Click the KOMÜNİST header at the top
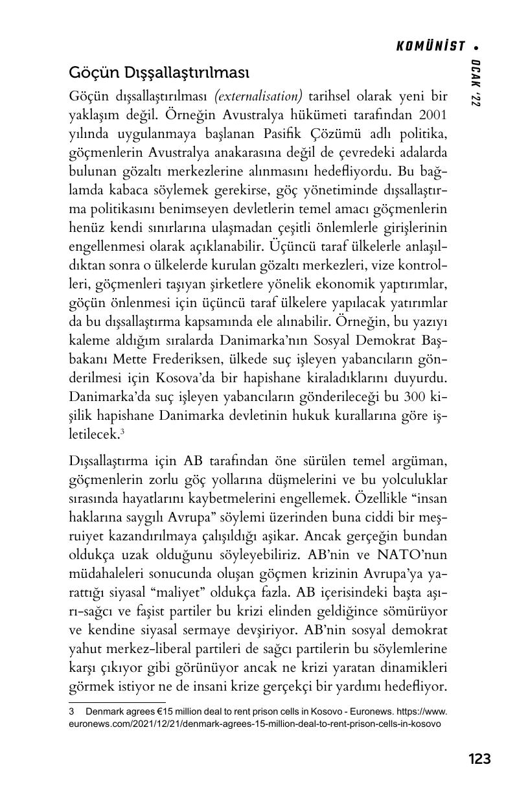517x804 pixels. click(x=431, y=46)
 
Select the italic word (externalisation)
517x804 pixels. click(x=258, y=96)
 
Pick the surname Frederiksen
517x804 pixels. click(x=174, y=360)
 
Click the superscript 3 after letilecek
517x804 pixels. click(x=122, y=430)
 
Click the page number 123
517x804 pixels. click(x=479, y=759)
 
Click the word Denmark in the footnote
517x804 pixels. click(x=105, y=711)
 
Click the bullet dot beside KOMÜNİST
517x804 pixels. click(x=477, y=47)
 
